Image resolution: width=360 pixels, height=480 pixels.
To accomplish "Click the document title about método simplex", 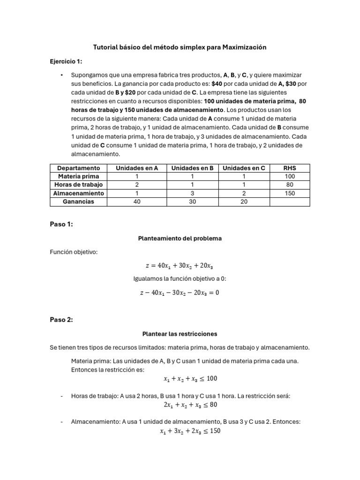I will [180, 47].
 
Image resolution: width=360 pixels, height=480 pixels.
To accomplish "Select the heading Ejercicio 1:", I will [66, 61].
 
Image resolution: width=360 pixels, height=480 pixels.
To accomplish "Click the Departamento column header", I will [78, 168].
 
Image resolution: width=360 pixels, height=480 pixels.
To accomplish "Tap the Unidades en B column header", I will [192, 168].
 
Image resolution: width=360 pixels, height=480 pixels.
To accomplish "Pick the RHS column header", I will [290, 168].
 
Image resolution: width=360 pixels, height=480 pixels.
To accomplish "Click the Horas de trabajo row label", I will [78, 185].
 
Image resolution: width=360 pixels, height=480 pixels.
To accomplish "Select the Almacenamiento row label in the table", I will [78, 193].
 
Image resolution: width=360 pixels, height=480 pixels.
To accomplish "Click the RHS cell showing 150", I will [290, 193].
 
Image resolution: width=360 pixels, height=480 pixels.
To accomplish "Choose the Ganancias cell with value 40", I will [137, 202].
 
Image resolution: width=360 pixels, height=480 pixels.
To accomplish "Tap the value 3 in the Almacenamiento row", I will [192, 193].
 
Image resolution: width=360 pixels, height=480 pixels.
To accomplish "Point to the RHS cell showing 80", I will [290, 185].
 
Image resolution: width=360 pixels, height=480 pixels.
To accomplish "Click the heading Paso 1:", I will [61, 225].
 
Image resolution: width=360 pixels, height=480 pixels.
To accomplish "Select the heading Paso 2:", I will [61, 320].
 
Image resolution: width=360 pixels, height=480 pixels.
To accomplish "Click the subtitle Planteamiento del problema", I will [180, 239].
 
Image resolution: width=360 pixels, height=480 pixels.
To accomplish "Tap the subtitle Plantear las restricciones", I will [180, 334].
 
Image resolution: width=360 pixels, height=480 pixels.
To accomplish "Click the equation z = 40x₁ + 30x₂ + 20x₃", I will [180, 266].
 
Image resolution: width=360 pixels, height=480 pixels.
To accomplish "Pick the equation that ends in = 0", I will [180, 293].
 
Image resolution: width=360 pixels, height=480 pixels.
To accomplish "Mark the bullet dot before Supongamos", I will [61, 75].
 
